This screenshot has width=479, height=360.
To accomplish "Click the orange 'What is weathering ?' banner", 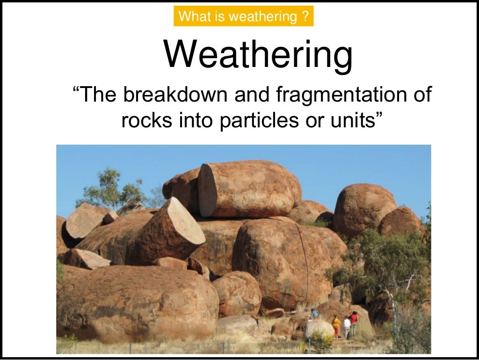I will [x=243, y=17].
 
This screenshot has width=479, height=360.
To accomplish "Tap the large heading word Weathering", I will [x=258, y=55].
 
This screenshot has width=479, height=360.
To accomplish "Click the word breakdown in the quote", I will [x=175, y=95].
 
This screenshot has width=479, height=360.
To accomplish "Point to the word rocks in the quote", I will [x=146, y=120].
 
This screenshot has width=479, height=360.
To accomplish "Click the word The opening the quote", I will [x=97, y=95].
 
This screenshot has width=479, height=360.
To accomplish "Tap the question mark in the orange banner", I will [x=305, y=17].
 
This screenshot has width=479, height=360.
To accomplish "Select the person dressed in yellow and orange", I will [x=336, y=325].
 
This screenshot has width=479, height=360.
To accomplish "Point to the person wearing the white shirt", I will [x=347, y=326].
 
